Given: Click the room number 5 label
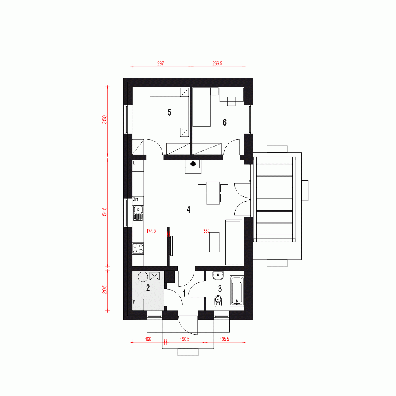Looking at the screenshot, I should tap(169, 112).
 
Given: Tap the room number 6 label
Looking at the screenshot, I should tap(225, 122).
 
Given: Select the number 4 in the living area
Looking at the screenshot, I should tap(188, 209).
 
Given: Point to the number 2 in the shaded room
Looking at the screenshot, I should tap(148, 288).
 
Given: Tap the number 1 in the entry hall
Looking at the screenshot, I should tap(184, 293).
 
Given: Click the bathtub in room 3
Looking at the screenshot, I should tap(237, 291).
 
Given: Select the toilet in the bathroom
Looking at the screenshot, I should tap(217, 302).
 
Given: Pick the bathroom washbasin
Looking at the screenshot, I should tap(218, 275).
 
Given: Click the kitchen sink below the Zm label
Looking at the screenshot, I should tap(138, 212).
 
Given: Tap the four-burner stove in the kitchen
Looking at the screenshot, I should tap(138, 248).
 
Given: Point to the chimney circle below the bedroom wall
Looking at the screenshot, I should tap(194, 164).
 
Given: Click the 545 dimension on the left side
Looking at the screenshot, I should tap(105, 213).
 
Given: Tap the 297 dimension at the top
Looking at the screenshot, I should tap(160, 63).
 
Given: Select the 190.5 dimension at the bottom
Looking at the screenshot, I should tap(184, 339).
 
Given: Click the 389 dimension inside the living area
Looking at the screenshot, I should tap(206, 230).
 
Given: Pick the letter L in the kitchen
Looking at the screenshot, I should tap(135, 163).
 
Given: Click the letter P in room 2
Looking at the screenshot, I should tap(135, 302).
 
